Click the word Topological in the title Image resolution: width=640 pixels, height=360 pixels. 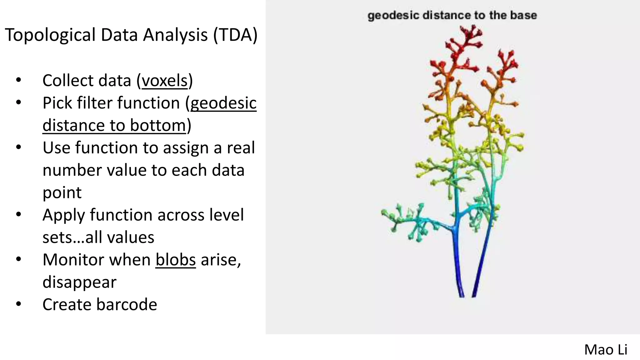(x=50, y=35)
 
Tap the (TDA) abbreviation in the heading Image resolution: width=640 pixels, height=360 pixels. (x=235, y=35)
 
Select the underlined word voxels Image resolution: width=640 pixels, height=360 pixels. (x=165, y=81)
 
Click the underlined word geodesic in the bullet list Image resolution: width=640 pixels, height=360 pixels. (x=223, y=103)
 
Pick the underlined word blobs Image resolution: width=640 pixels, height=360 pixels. (x=176, y=260)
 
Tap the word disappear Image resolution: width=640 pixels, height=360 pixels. (x=79, y=282)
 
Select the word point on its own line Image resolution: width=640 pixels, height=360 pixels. (x=62, y=193)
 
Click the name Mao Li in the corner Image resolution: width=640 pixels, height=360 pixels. (x=606, y=350)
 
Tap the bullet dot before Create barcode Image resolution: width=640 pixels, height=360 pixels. (x=18, y=304)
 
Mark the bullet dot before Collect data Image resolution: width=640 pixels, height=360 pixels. (x=18, y=80)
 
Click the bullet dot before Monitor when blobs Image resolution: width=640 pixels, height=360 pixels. (x=18, y=259)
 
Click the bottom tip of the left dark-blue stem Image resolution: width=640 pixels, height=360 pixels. (x=462, y=296)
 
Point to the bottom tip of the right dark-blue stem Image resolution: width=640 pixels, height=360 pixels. (x=473, y=296)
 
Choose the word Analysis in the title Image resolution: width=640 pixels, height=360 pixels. (x=175, y=35)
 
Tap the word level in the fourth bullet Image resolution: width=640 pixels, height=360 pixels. (x=227, y=215)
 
